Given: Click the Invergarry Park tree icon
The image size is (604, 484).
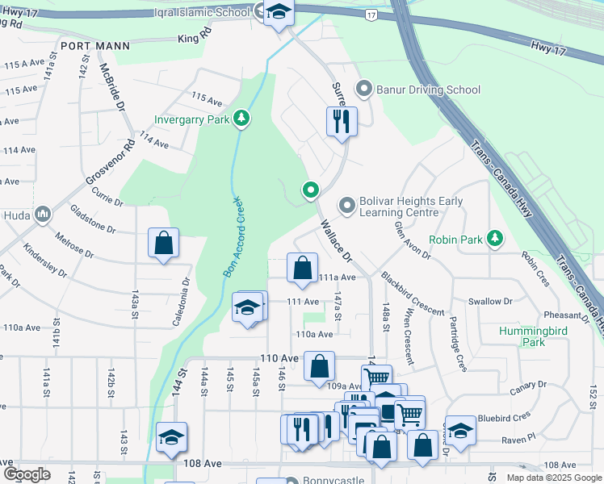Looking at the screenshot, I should pos(241,120).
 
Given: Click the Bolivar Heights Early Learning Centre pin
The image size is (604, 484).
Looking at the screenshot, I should pos(347,207).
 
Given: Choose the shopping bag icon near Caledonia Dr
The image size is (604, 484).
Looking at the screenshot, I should pos(163,243).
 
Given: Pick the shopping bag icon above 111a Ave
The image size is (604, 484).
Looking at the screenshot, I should pos(302,268).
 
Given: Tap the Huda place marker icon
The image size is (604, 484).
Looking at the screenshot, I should pos(41,215).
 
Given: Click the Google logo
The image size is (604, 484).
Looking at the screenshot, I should pos(28,474).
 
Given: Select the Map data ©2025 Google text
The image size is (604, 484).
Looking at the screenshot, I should pos(553,478).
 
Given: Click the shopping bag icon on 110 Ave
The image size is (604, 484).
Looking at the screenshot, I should pos(320,366).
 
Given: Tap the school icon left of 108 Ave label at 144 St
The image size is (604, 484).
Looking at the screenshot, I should pos(171,437).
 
